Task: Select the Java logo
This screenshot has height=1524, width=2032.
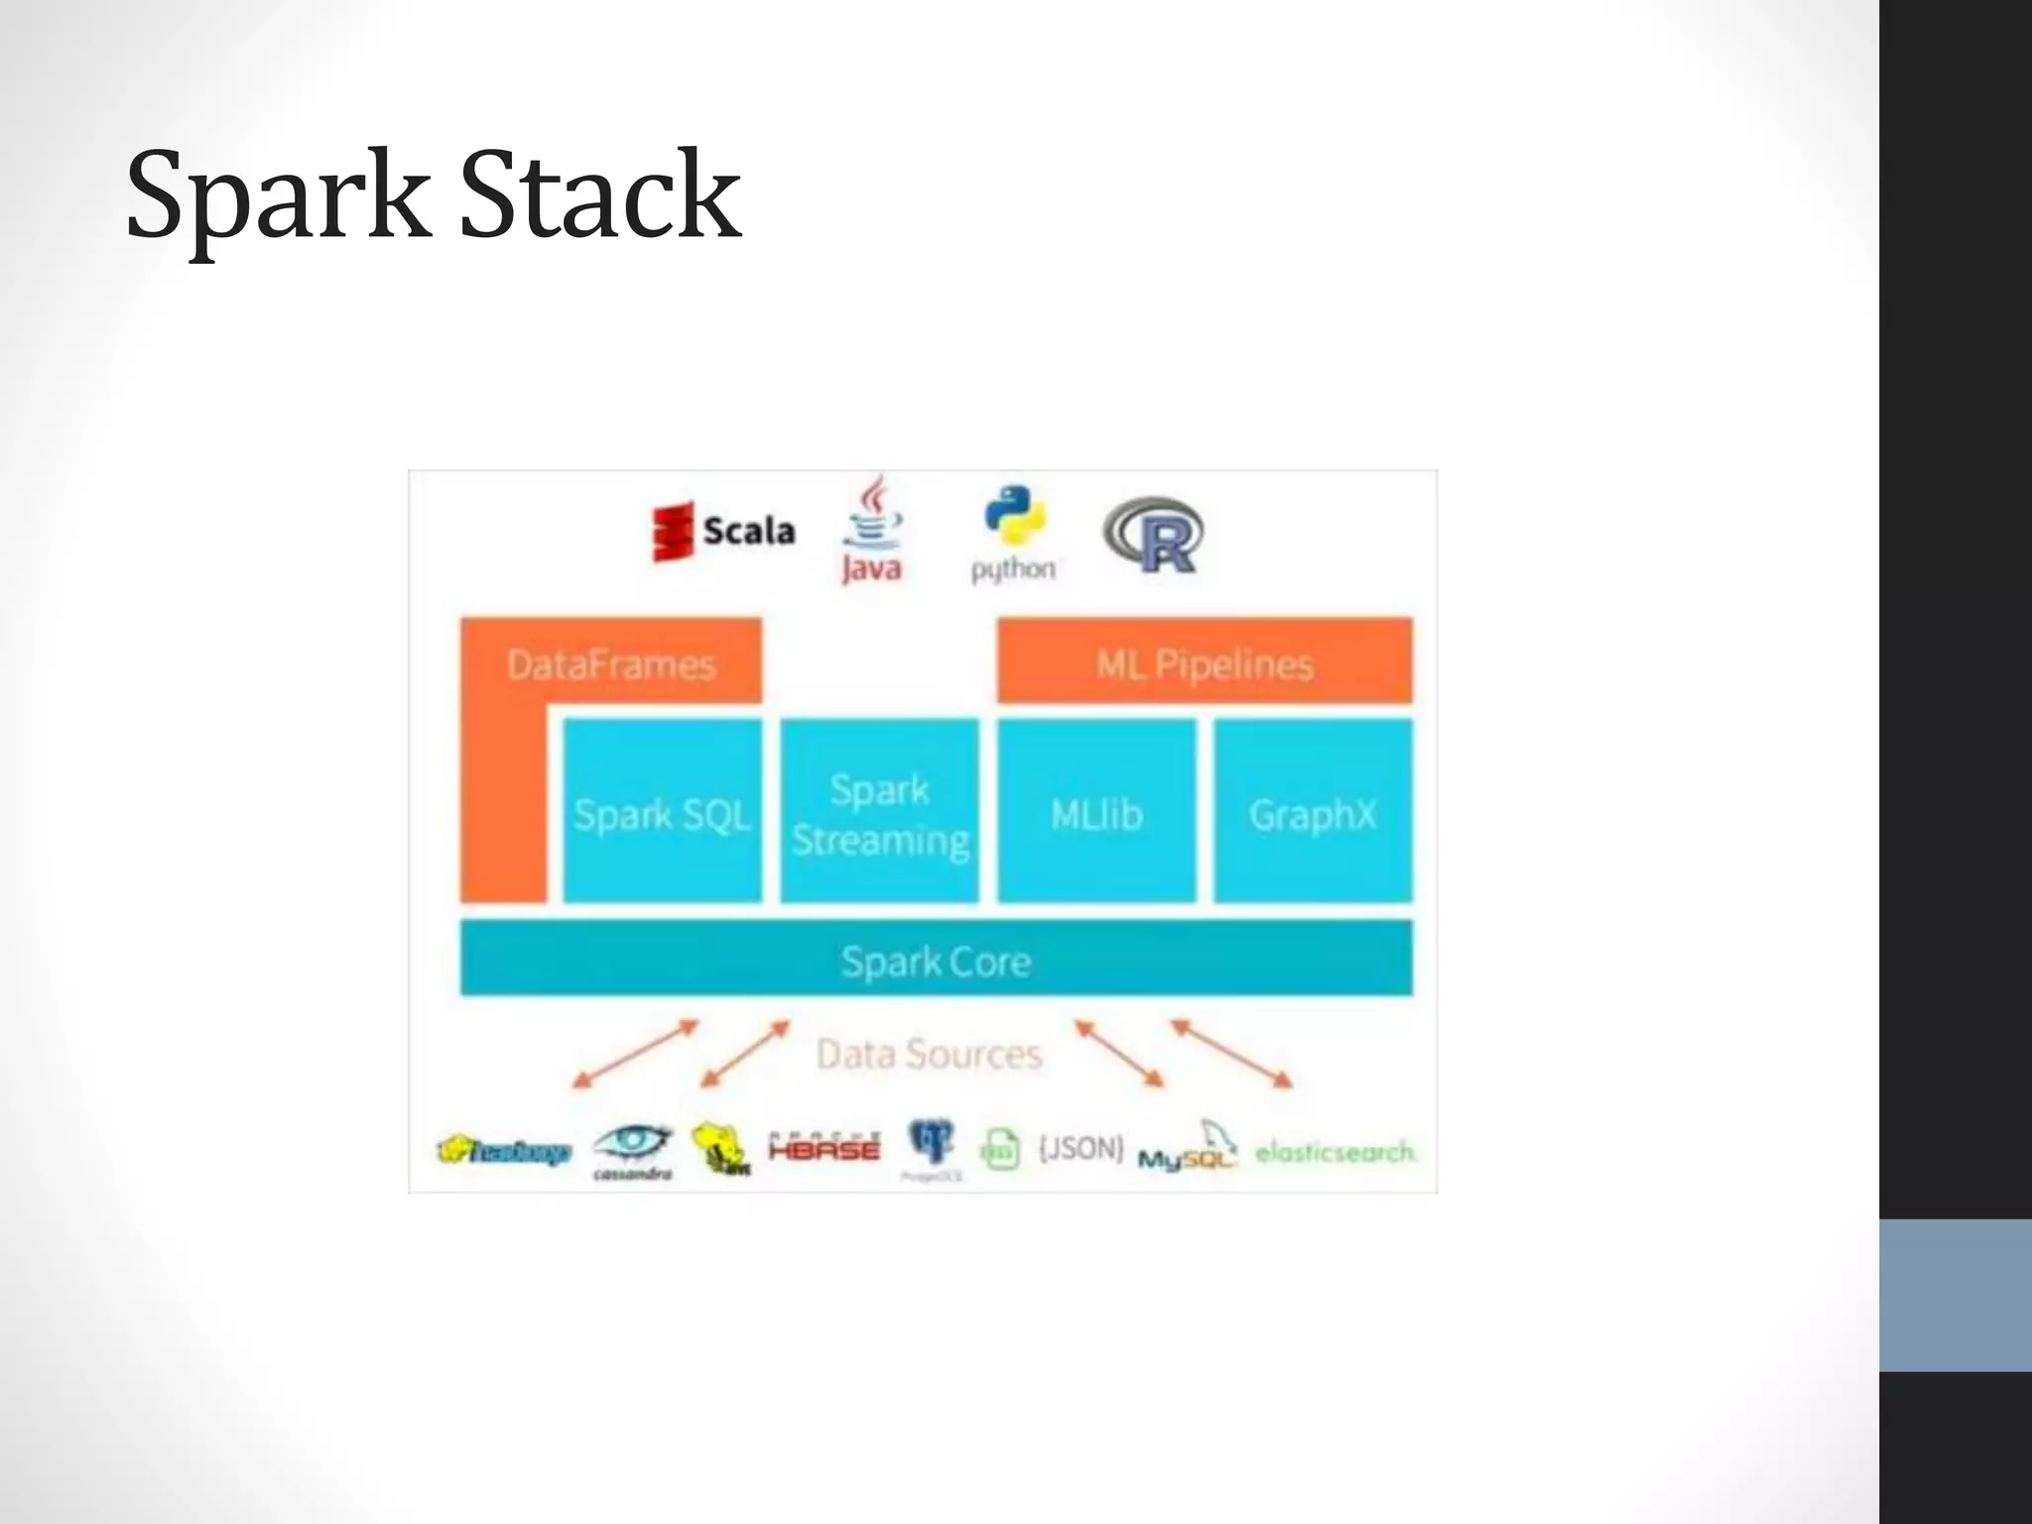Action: pyautogui.click(x=872, y=531)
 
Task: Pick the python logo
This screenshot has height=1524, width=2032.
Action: pyautogui.click(x=1014, y=534)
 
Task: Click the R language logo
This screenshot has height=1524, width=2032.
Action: pyautogui.click(x=1154, y=536)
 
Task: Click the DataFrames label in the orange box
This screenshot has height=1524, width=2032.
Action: pyautogui.click(x=611, y=664)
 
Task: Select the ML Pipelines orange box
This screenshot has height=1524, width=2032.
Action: pyautogui.click(x=1205, y=662)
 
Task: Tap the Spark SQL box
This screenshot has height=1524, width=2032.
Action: pyautogui.click(x=662, y=813)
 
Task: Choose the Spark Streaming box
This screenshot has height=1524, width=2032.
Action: pyautogui.click(x=880, y=813)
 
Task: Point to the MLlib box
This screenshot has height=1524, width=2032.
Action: pyautogui.click(x=1096, y=813)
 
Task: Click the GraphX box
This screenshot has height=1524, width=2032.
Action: pyautogui.click(x=1313, y=813)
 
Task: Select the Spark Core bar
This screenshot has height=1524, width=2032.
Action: pyautogui.click(x=936, y=959)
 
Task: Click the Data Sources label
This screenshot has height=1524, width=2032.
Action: pyautogui.click(x=929, y=1054)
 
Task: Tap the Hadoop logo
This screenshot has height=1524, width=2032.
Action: pyautogui.click(x=504, y=1151)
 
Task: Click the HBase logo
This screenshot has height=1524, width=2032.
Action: pyautogui.click(x=824, y=1148)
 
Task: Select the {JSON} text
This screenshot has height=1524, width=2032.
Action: pyautogui.click(x=1080, y=1148)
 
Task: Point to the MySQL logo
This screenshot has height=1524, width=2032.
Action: pyautogui.click(x=1188, y=1151)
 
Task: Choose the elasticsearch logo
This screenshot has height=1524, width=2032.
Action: pyautogui.click(x=1335, y=1152)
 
